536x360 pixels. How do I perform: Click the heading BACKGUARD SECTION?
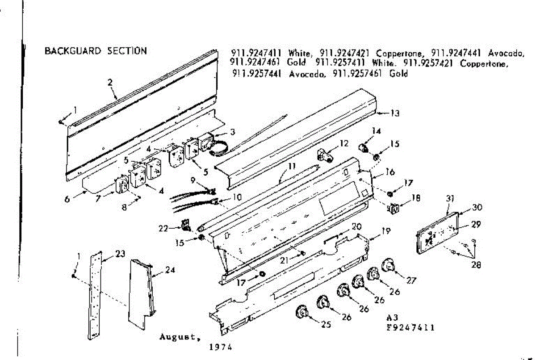tap(96, 51)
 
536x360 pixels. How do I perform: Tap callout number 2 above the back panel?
tap(110, 82)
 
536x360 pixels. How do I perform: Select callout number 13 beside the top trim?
tap(395, 113)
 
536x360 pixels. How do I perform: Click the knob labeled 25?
tap(302, 311)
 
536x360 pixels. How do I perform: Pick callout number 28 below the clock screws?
tap(476, 265)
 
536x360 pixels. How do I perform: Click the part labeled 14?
tap(365, 147)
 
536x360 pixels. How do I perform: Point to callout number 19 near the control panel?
tap(385, 231)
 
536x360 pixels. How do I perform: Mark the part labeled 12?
tap(324, 155)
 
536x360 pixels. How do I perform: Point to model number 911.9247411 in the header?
tap(256, 53)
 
